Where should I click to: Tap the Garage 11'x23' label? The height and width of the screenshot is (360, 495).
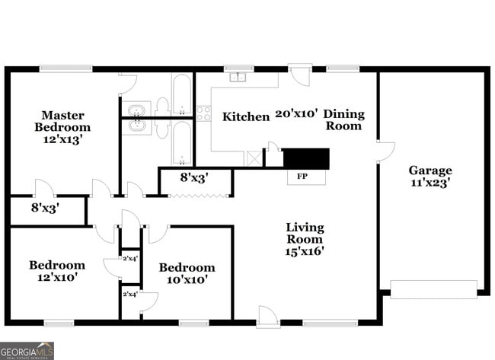pyautogui.click(x=430, y=176)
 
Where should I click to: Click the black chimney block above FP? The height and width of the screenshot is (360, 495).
pyautogui.click(x=306, y=158)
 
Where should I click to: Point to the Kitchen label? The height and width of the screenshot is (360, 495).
pyautogui.click(x=246, y=116)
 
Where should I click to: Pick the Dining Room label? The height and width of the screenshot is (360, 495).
pyautogui.click(x=344, y=120)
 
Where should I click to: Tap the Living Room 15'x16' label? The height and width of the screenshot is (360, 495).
pyautogui.click(x=305, y=239)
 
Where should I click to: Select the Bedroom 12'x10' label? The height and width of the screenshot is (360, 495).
pyautogui.click(x=57, y=271)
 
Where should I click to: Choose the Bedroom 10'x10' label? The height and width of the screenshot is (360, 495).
pyautogui.click(x=187, y=273)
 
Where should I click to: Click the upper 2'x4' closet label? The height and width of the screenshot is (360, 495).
pyautogui.click(x=129, y=259)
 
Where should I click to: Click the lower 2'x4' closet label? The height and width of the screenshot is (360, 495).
pyautogui.click(x=129, y=294)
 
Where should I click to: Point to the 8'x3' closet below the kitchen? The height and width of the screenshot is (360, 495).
pyautogui.click(x=194, y=178)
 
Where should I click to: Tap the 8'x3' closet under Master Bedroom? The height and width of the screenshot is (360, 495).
pyautogui.click(x=45, y=206)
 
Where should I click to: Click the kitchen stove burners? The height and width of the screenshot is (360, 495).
pyautogui.click(x=203, y=113)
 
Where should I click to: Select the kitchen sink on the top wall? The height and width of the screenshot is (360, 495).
pyautogui.click(x=238, y=76)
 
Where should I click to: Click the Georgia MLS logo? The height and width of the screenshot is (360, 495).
pyautogui.click(x=27, y=351)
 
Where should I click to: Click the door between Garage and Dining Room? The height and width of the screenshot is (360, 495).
pyautogui.click(x=385, y=151)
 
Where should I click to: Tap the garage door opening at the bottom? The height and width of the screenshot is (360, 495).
pyautogui.click(x=433, y=288)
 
